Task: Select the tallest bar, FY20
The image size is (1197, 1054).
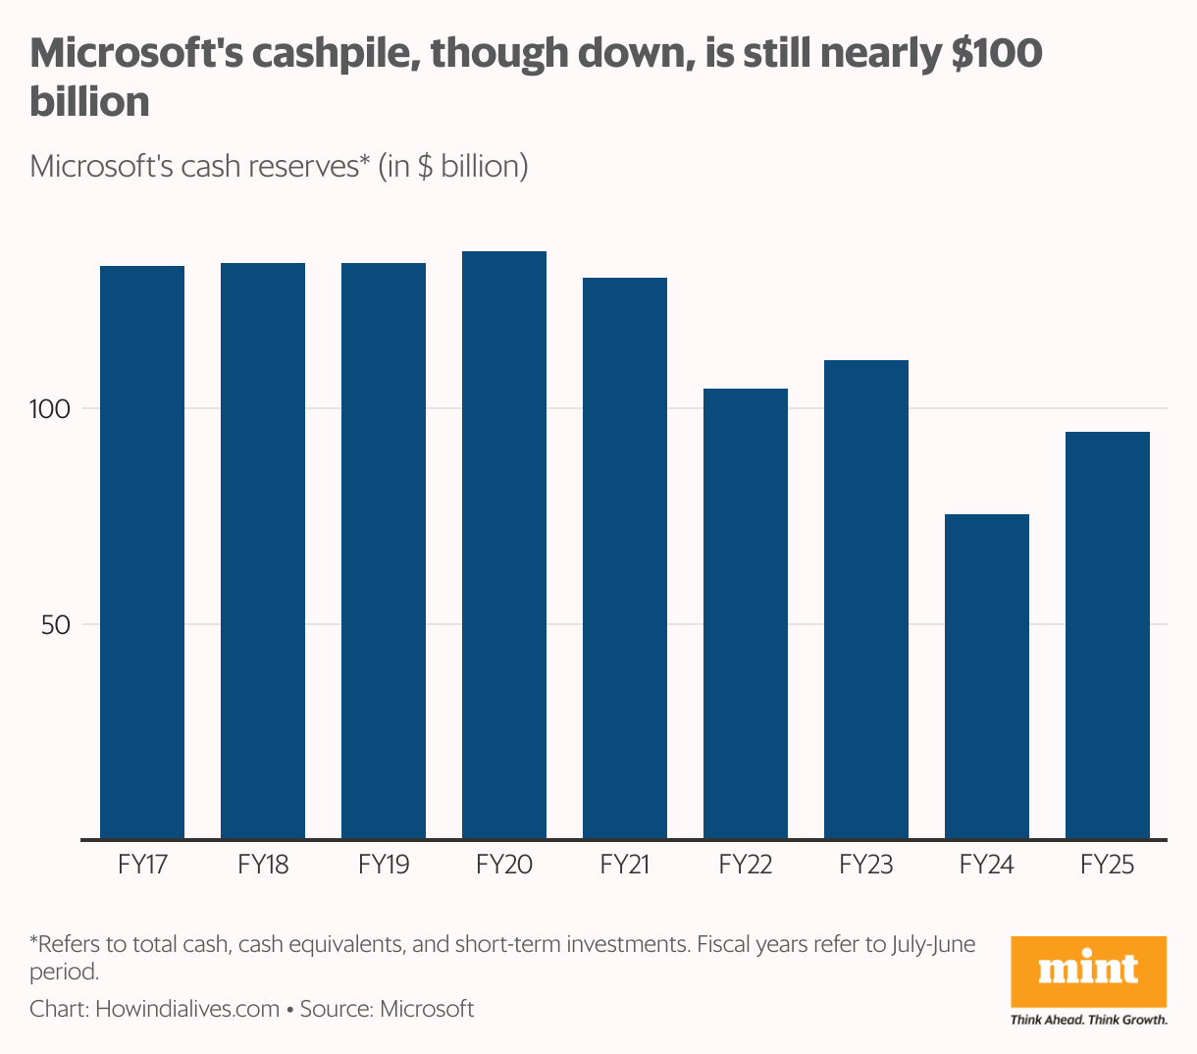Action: [504, 545]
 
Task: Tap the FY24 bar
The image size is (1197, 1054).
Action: [987, 676]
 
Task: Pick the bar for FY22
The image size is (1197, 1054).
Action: [746, 613]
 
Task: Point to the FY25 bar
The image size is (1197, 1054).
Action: [1108, 635]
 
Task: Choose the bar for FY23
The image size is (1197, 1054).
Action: [866, 599]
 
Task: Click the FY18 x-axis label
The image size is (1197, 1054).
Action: [263, 865]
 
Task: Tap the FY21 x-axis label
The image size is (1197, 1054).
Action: [625, 865]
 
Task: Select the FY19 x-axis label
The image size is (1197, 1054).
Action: [384, 865]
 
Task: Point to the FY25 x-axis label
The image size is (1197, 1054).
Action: [1108, 865]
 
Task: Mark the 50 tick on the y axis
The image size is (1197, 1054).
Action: [56, 624]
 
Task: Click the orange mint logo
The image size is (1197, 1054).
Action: [1089, 971]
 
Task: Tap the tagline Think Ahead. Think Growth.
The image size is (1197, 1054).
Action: [1089, 1020]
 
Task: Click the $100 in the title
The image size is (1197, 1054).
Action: [996, 54]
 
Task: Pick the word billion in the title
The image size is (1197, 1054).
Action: [89, 102]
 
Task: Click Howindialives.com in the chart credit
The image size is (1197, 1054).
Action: [187, 1009]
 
